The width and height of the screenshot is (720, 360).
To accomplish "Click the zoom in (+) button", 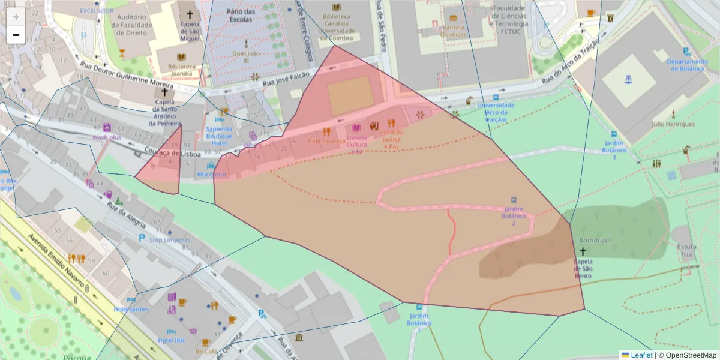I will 16,17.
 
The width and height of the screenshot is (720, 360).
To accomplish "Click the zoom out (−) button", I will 16,35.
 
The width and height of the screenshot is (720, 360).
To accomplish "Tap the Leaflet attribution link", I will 641,355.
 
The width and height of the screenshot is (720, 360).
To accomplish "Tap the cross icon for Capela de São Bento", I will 583,253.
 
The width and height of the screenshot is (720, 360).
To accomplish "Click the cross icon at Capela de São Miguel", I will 190,14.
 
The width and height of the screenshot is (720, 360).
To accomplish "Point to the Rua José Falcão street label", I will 284,83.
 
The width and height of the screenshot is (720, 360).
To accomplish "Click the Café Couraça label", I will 326,141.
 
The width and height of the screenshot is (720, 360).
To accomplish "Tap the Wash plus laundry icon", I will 107,127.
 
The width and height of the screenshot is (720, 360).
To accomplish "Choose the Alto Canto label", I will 212,175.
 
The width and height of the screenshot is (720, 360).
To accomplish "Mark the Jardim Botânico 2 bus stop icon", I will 514,200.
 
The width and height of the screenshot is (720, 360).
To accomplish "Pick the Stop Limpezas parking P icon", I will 142,239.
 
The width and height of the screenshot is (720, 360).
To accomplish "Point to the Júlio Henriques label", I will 673,124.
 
